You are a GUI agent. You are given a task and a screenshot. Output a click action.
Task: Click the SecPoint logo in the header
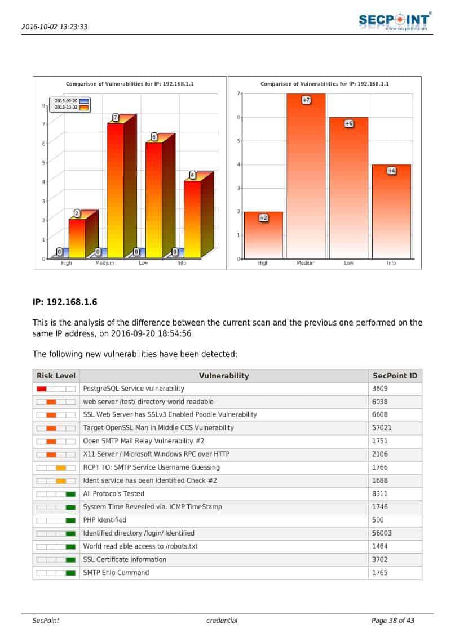click(x=395, y=21)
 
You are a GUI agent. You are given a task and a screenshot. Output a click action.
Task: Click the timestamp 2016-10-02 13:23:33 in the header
click(x=54, y=26)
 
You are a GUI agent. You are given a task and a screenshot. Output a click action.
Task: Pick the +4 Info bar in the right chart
click(x=391, y=212)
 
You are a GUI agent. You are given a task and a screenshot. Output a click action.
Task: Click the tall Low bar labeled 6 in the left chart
click(x=154, y=200)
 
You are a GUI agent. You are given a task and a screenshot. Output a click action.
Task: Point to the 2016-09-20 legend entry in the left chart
click(x=67, y=101)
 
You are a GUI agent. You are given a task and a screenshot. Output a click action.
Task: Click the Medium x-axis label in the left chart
click(x=105, y=263)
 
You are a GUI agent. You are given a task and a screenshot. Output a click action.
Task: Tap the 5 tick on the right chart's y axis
click(x=238, y=141)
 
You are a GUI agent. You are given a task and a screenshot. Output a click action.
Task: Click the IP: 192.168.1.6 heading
click(x=65, y=302)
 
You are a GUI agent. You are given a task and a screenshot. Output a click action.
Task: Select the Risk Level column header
click(x=56, y=376)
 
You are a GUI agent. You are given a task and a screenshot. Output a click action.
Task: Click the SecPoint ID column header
click(x=395, y=376)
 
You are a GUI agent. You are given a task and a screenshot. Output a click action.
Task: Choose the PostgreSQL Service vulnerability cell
click(x=134, y=389)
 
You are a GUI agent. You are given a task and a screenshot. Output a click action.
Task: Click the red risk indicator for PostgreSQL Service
click(x=42, y=389)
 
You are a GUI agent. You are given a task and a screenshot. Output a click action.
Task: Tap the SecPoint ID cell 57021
click(x=382, y=428)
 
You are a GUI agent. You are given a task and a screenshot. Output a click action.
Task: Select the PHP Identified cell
click(x=105, y=520)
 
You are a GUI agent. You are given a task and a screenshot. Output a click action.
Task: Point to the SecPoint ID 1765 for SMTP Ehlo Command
click(x=380, y=573)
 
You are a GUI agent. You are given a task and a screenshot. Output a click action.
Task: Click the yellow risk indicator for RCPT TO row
click(x=61, y=467)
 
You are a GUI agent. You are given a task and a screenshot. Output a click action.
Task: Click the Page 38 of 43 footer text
click(x=393, y=621)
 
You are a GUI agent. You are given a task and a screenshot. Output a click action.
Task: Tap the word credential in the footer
click(x=222, y=621)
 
